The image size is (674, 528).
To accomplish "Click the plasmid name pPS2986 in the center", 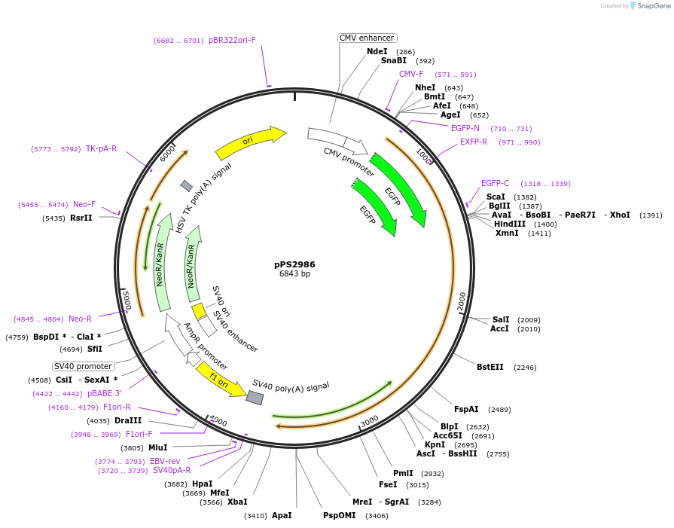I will tap(294, 264).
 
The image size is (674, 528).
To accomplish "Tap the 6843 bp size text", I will tap(294, 274).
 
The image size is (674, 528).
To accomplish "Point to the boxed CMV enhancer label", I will tap(367, 38).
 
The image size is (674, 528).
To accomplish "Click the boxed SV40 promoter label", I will tap(83, 366).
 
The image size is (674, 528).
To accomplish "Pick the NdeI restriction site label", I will tap(377, 51).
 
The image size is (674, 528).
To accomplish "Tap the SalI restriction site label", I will tap(501, 319).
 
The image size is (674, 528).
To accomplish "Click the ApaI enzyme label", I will tap(282, 515).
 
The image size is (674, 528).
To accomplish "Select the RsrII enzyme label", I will tap(81, 218).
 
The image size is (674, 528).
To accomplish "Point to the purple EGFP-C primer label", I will tap(496, 183).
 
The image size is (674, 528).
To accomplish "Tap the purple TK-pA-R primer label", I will tap(101, 148).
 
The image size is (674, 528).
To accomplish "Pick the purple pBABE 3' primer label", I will tap(104, 393).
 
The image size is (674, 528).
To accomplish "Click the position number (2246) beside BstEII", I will tap(525, 368).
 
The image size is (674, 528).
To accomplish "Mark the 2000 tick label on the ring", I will tap(462, 301).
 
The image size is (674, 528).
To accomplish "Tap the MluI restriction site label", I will tap(157, 447).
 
